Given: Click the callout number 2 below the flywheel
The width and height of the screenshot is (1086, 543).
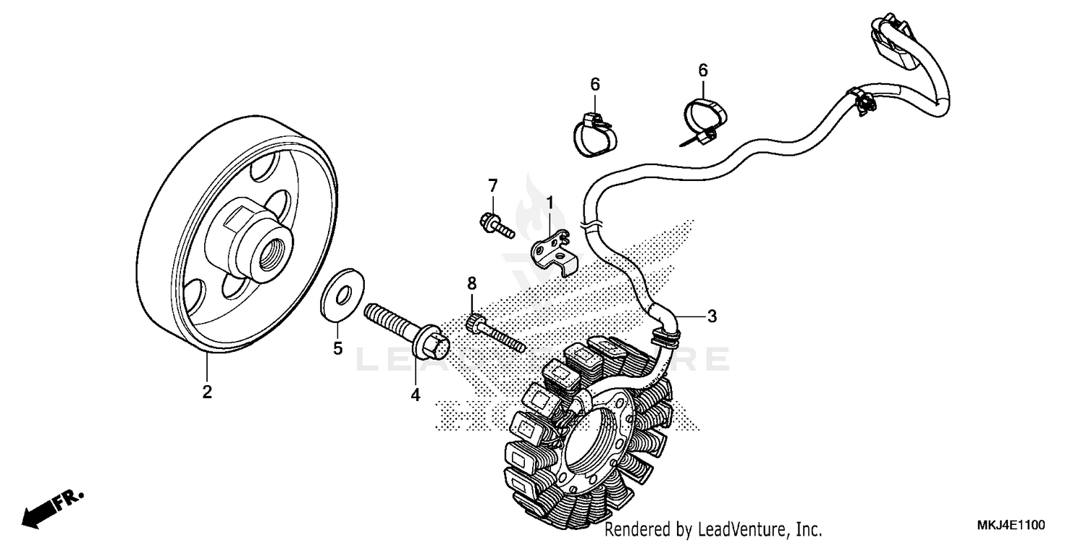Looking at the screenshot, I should click(x=207, y=392).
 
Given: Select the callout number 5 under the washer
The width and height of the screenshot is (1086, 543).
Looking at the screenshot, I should click(x=337, y=348).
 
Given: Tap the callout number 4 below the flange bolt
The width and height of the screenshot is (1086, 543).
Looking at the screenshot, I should click(x=416, y=395).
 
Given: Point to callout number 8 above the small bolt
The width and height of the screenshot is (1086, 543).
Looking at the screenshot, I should click(x=472, y=282).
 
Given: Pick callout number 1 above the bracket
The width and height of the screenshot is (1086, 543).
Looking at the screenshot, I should click(x=550, y=202).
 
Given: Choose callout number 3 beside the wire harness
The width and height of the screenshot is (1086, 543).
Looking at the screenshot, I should click(x=712, y=316).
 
